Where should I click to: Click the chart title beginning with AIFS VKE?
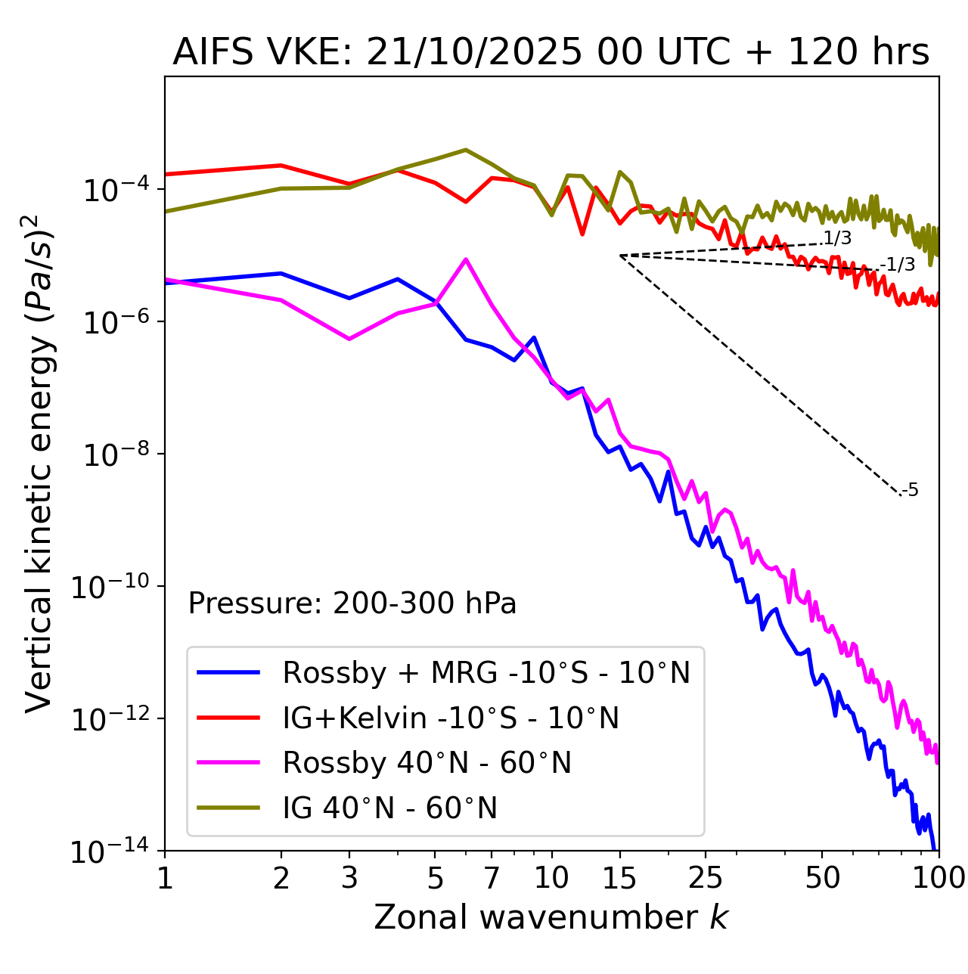(551, 53)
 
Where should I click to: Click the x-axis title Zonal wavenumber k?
(551, 917)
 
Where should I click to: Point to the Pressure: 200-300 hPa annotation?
(352, 603)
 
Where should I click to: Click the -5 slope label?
(911, 490)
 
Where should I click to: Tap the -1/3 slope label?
(899, 265)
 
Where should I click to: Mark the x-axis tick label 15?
(620, 878)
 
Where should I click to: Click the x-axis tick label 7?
(492, 878)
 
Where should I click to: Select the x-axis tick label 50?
(822, 878)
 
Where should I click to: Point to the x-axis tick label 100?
(938, 878)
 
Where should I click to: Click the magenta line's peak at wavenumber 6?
(466, 259)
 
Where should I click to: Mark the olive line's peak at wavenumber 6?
(466, 150)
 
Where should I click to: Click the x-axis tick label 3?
(349, 878)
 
